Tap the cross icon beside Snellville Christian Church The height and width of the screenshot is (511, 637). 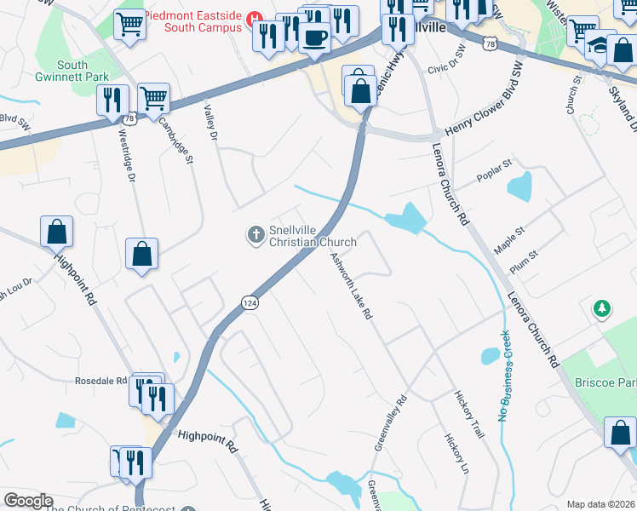point(254,234)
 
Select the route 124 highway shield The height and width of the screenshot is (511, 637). point(249,303)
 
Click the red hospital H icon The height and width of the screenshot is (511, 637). point(253,18)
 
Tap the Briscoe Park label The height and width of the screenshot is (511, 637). point(605,382)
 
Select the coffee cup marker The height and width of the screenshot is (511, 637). point(314,38)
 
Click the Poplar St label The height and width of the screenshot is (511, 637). point(495,164)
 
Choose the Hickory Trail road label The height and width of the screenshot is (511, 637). point(469,416)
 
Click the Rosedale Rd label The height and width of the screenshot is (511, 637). point(100,381)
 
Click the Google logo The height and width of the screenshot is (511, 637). point(27,501)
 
